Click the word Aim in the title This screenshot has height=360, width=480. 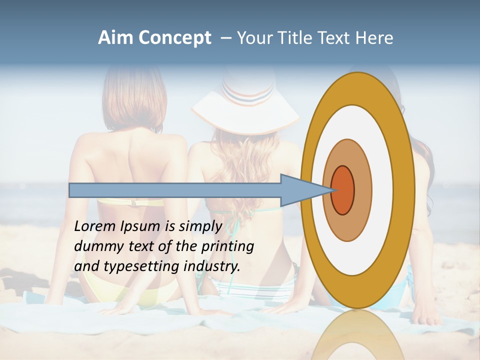(x=115, y=38)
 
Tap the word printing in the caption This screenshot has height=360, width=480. (x=227, y=247)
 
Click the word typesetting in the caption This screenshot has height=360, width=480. (x=141, y=267)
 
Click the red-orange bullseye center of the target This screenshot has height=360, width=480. (x=343, y=190)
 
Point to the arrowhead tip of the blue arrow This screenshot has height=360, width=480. (x=334, y=190)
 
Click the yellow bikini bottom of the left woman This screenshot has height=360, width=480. (x=145, y=295)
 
